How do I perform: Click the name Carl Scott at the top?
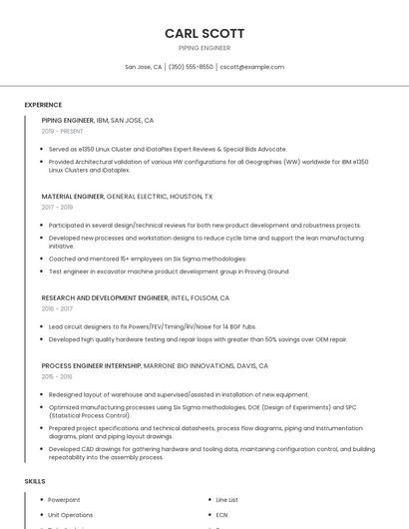[204, 33]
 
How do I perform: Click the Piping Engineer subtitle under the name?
[204, 48]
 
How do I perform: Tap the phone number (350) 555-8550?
[191, 67]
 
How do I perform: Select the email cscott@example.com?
[251, 67]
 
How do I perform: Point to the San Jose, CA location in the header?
[143, 67]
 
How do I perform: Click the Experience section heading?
[43, 105]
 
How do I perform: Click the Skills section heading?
[35, 481]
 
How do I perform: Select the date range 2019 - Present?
[62, 131]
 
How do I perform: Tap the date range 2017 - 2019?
[57, 208]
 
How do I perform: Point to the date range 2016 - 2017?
[57, 308]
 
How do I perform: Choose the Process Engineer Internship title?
[91, 366]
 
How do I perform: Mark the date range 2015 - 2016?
[57, 377]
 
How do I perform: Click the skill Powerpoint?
[64, 499]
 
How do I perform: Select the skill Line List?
[226, 499]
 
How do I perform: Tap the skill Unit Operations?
[70, 515]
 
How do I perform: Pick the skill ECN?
[221, 515]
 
